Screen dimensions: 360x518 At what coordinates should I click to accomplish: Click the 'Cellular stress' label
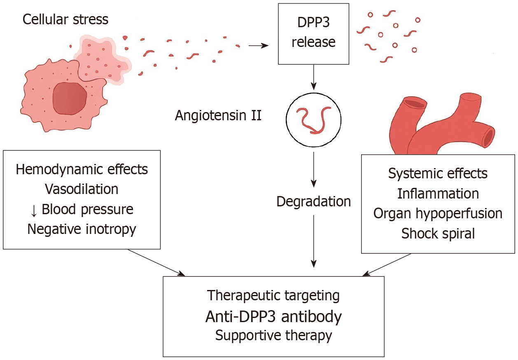[65, 19]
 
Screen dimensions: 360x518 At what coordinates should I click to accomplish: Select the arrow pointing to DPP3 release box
[258, 45]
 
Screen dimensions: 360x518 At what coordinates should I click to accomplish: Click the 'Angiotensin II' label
[218, 115]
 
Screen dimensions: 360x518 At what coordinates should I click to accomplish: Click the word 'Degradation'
[314, 201]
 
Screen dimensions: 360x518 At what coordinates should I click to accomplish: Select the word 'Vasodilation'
[82, 189]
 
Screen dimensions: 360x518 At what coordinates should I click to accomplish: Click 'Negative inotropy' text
[82, 229]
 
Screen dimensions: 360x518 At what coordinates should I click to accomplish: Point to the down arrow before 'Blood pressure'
[34, 210]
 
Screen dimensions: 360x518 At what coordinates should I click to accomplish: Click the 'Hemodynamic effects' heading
[82, 169]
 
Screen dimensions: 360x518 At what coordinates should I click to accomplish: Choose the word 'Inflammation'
[438, 194]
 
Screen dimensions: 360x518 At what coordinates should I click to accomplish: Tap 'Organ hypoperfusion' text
[438, 213]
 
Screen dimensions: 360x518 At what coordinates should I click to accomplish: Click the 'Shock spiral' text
[438, 234]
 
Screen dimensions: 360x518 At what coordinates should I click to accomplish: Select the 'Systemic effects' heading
[438, 173]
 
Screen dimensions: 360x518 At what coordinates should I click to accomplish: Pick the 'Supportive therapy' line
[273, 335]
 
